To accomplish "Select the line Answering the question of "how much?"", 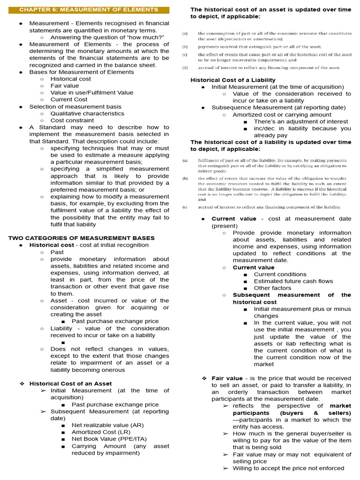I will [107, 37].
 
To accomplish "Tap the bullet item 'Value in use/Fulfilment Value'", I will [91, 92].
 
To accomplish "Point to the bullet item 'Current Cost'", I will [69, 99].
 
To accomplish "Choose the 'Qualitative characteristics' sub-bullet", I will [87, 113].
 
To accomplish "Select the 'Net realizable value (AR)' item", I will [108, 425].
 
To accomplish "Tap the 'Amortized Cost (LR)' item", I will [101, 432].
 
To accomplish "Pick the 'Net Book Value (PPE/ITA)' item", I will [106, 439].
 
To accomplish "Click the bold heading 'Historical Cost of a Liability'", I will [232, 80].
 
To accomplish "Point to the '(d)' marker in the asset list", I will [185, 67].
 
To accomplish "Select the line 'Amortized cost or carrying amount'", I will [282, 114].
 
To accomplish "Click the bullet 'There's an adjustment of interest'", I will [301, 121].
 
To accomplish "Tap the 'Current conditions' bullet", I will [280, 274].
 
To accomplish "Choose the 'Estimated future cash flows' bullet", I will [293, 281].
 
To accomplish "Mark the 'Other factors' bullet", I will [272, 288].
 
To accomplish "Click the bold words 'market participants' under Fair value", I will [292, 409].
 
